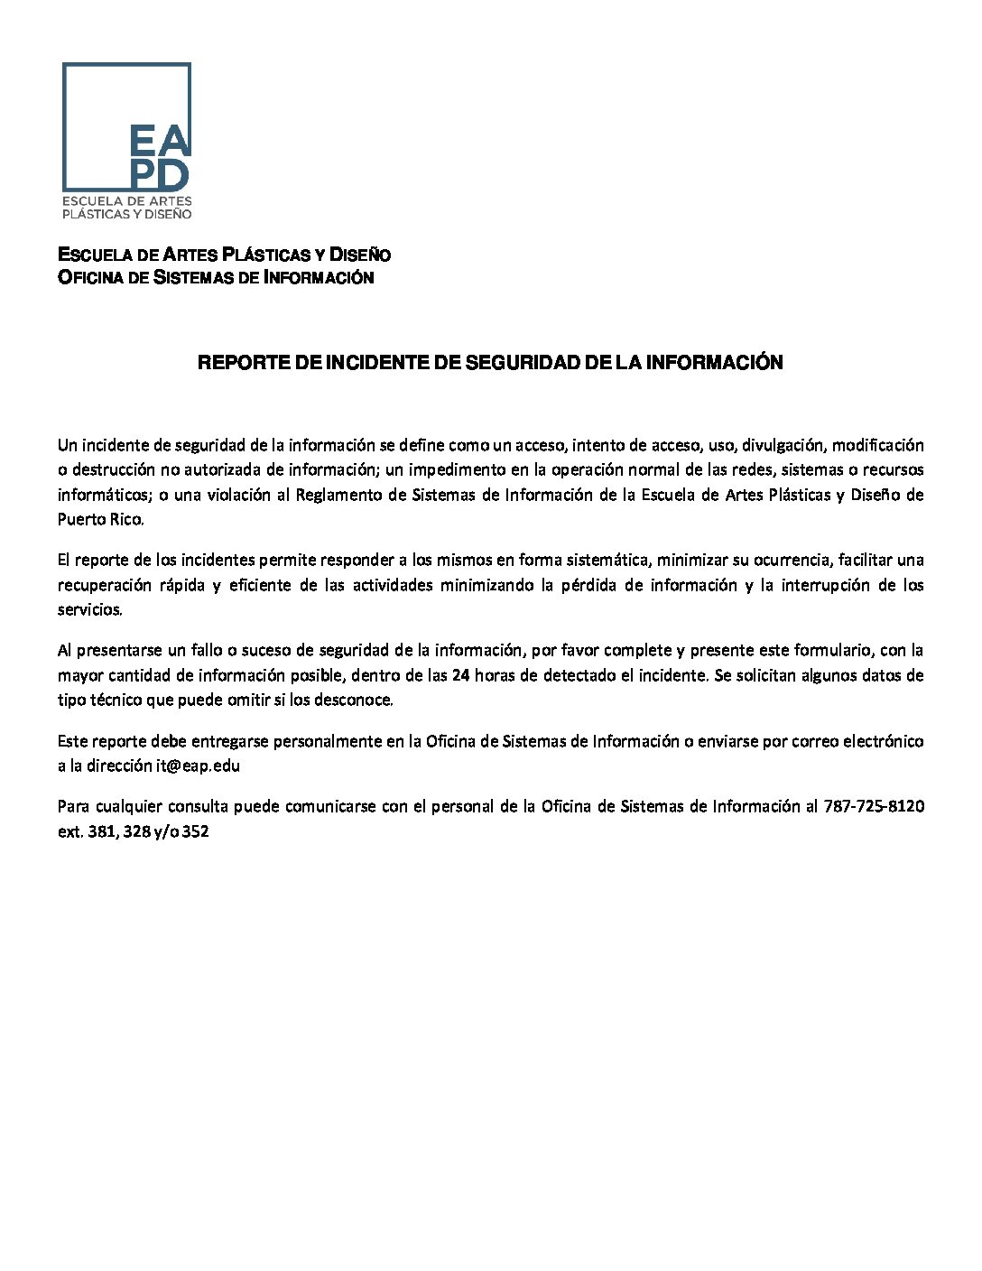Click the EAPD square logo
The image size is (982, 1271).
[126, 140]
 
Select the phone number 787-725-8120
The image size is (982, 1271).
[874, 806]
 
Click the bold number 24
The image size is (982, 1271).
[460, 674]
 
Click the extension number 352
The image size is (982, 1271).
[196, 831]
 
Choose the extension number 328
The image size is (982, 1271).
[136, 831]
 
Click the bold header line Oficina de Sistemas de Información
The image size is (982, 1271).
[216, 277]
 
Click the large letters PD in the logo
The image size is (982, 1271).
[161, 173]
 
